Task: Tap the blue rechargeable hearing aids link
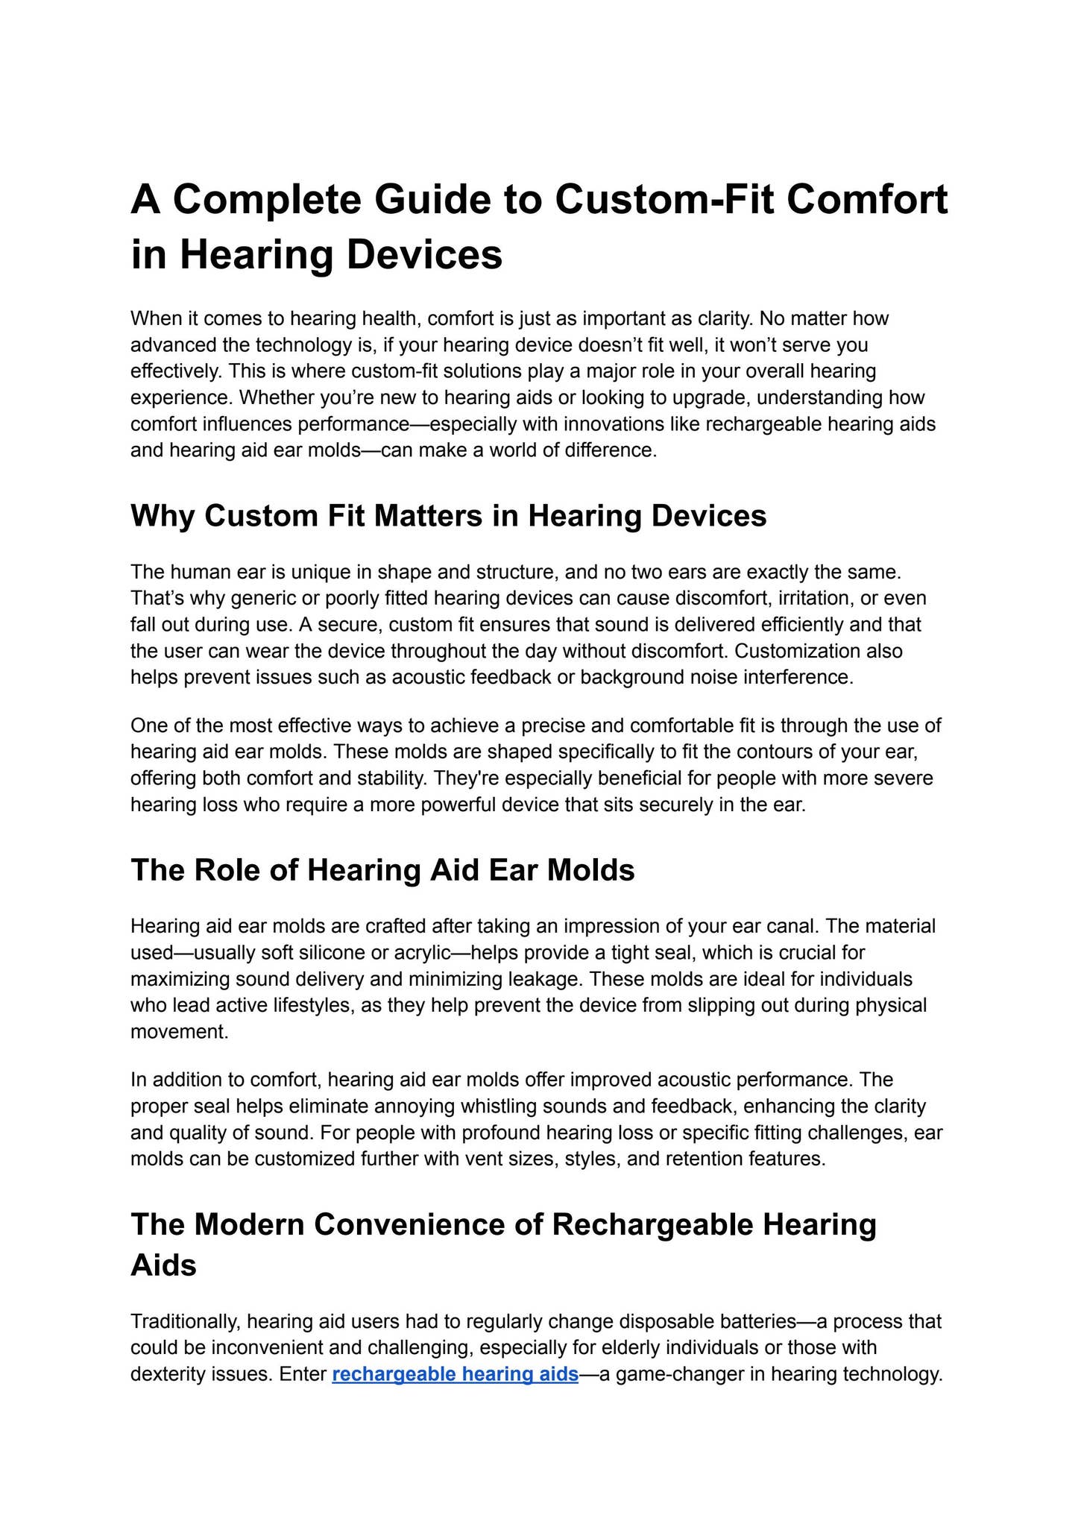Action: coord(455,1374)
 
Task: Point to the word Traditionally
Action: coord(186,1321)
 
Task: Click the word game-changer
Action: coord(681,1374)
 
